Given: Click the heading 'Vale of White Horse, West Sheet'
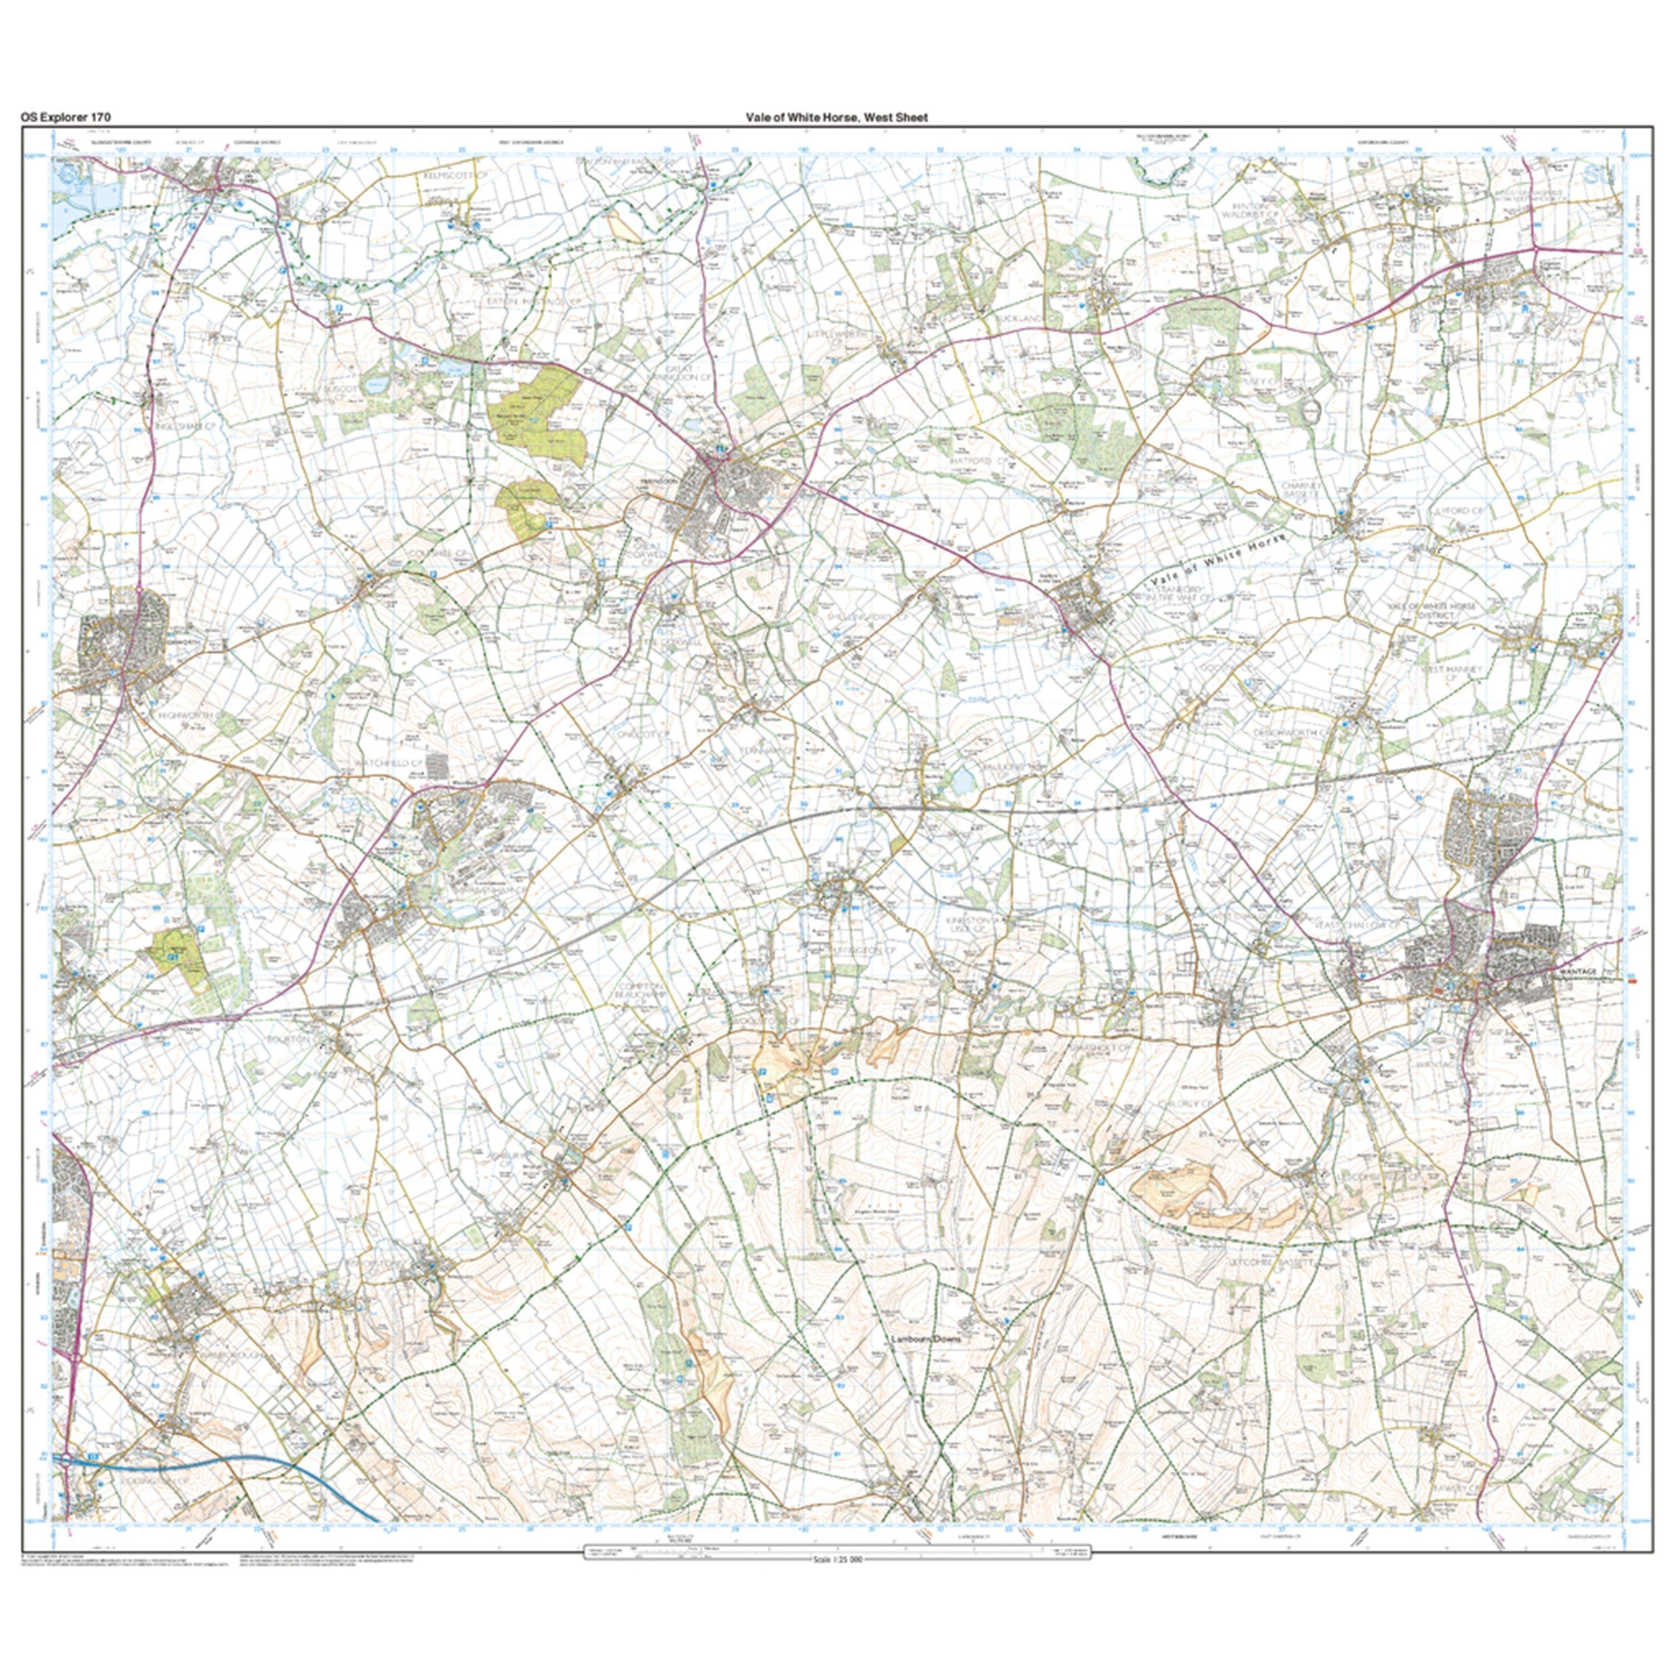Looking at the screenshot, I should click(837, 118).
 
